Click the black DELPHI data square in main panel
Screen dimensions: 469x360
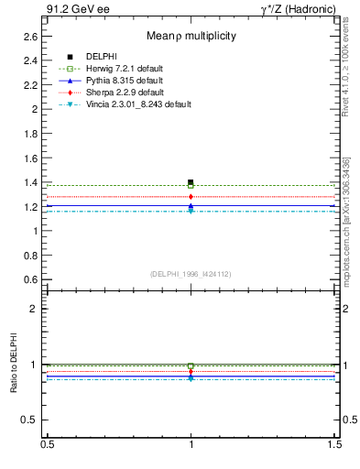191,182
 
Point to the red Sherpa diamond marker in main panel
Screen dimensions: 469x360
191,196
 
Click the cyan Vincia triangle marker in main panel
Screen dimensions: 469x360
191,212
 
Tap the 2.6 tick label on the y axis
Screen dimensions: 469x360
29,36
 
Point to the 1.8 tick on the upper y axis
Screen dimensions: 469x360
29,133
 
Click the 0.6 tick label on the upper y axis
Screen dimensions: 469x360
29,279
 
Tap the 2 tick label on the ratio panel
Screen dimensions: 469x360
34,309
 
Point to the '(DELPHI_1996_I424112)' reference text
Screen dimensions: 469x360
191,273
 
